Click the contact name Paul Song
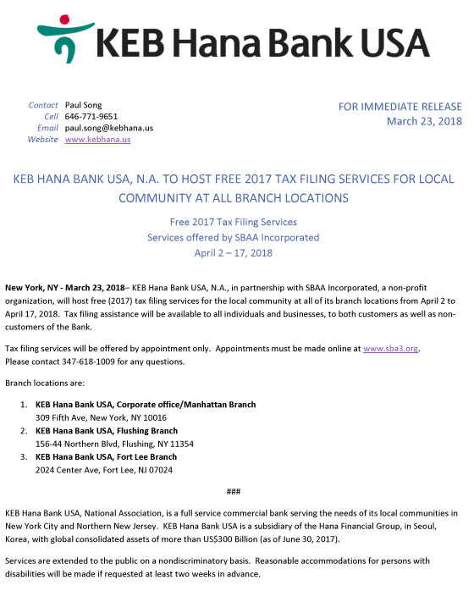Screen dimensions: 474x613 click(x=84, y=105)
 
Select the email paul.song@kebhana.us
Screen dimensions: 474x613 click(x=109, y=128)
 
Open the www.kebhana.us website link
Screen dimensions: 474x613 click(x=97, y=139)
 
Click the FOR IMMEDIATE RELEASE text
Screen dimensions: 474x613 click(x=400, y=107)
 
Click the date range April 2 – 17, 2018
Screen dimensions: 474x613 click(x=233, y=252)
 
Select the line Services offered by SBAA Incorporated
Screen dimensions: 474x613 click(x=233, y=237)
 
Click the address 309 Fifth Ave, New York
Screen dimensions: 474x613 click(x=101, y=417)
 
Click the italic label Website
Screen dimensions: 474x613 click(x=42, y=139)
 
